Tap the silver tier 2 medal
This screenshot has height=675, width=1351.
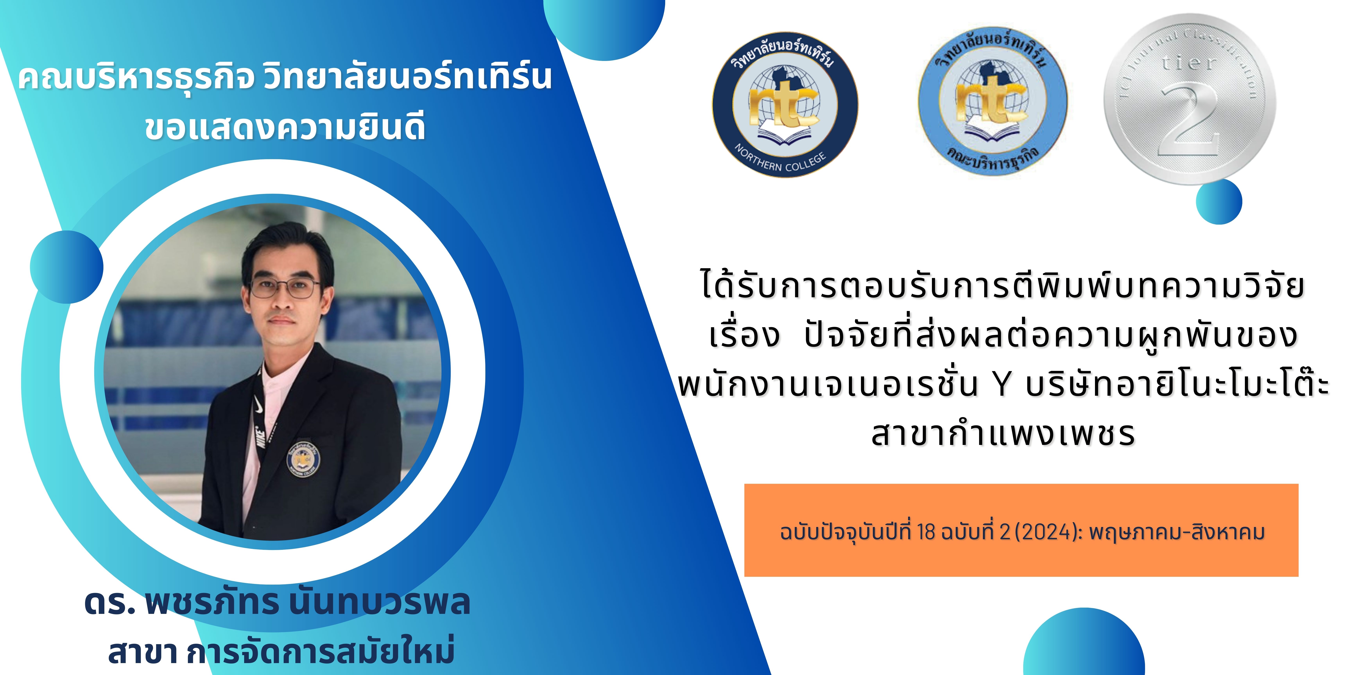click(x=1190, y=100)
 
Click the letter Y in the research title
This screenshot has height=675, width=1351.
click(x=1002, y=385)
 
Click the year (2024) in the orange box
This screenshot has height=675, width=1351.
click(x=1049, y=532)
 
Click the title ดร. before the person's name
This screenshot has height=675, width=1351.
click(x=110, y=603)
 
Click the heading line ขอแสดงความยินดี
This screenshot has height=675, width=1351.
click(x=285, y=128)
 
